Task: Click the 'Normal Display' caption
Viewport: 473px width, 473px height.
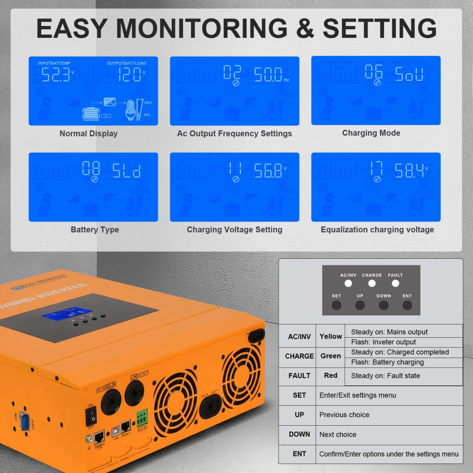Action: pyautogui.click(x=88, y=133)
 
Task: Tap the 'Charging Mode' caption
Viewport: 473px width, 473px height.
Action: pyautogui.click(x=371, y=133)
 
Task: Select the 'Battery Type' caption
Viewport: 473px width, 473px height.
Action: pyautogui.click(x=95, y=229)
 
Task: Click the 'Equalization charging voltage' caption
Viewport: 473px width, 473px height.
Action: pyautogui.click(x=377, y=229)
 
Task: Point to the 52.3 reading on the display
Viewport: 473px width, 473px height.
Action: pyautogui.click(x=56, y=74)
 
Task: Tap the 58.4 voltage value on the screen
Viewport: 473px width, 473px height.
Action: pyautogui.click(x=410, y=170)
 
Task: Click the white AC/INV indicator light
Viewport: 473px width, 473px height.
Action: pyautogui.click(x=348, y=283)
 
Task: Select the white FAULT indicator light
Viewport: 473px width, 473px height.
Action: pyautogui.click(x=395, y=283)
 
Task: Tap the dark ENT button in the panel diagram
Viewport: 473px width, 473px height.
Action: pyautogui.click(x=407, y=305)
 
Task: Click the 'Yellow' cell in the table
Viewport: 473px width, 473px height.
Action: pyautogui.click(x=331, y=336)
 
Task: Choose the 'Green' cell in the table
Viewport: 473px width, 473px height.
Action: pyautogui.click(x=331, y=356)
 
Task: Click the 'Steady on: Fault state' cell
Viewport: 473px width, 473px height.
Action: pyautogui.click(x=385, y=376)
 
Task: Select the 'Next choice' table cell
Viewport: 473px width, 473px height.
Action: pyautogui.click(x=338, y=434)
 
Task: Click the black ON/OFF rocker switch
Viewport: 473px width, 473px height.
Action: pyautogui.click(x=91, y=416)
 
